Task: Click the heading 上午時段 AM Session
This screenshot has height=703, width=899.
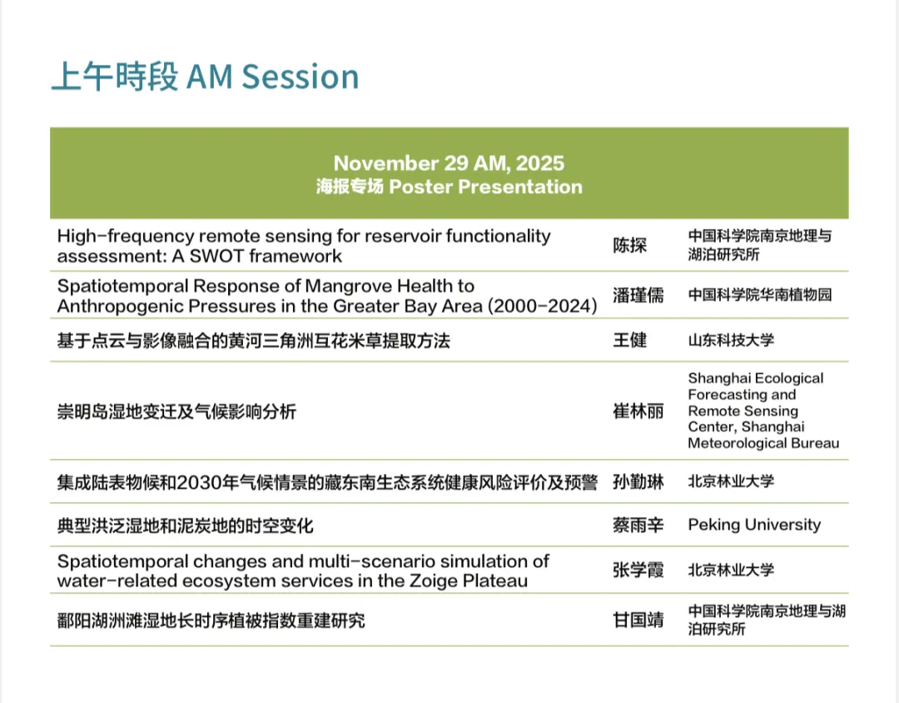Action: click(x=206, y=77)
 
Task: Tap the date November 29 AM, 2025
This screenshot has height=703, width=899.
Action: click(x=449, y=163)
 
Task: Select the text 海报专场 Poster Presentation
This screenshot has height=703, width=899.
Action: click(x=449, y=187)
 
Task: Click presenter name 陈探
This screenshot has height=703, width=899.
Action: click(x=629, y=245)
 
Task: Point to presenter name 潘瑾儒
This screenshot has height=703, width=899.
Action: click(x=638, y=295)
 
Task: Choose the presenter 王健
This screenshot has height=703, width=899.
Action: click(x=629, y=340)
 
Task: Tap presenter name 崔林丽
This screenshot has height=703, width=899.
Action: click(x=638, y=411)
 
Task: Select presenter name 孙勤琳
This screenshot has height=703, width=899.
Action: click(x=638, y=481)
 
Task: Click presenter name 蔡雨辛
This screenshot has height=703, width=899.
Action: click(x=638, y=525)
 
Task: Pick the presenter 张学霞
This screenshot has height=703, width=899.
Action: click(x=638, y=570)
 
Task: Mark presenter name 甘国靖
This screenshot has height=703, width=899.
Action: click(x=638, y=620)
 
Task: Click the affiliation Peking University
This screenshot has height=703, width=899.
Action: click(x=754, y=525)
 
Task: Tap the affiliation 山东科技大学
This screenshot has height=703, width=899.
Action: click(x=731, y=340)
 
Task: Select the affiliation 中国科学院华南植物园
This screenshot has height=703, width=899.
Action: click(x=760, y=295)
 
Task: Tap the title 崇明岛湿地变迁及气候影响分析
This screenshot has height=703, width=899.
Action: click(x=176, y=411)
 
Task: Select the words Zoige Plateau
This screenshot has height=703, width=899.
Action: click(x=469, y=581)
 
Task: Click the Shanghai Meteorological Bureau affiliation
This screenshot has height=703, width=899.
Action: click(x=763, y=411)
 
